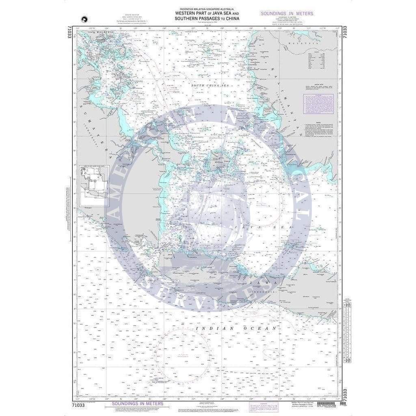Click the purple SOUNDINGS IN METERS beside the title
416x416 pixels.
(287, 13)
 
